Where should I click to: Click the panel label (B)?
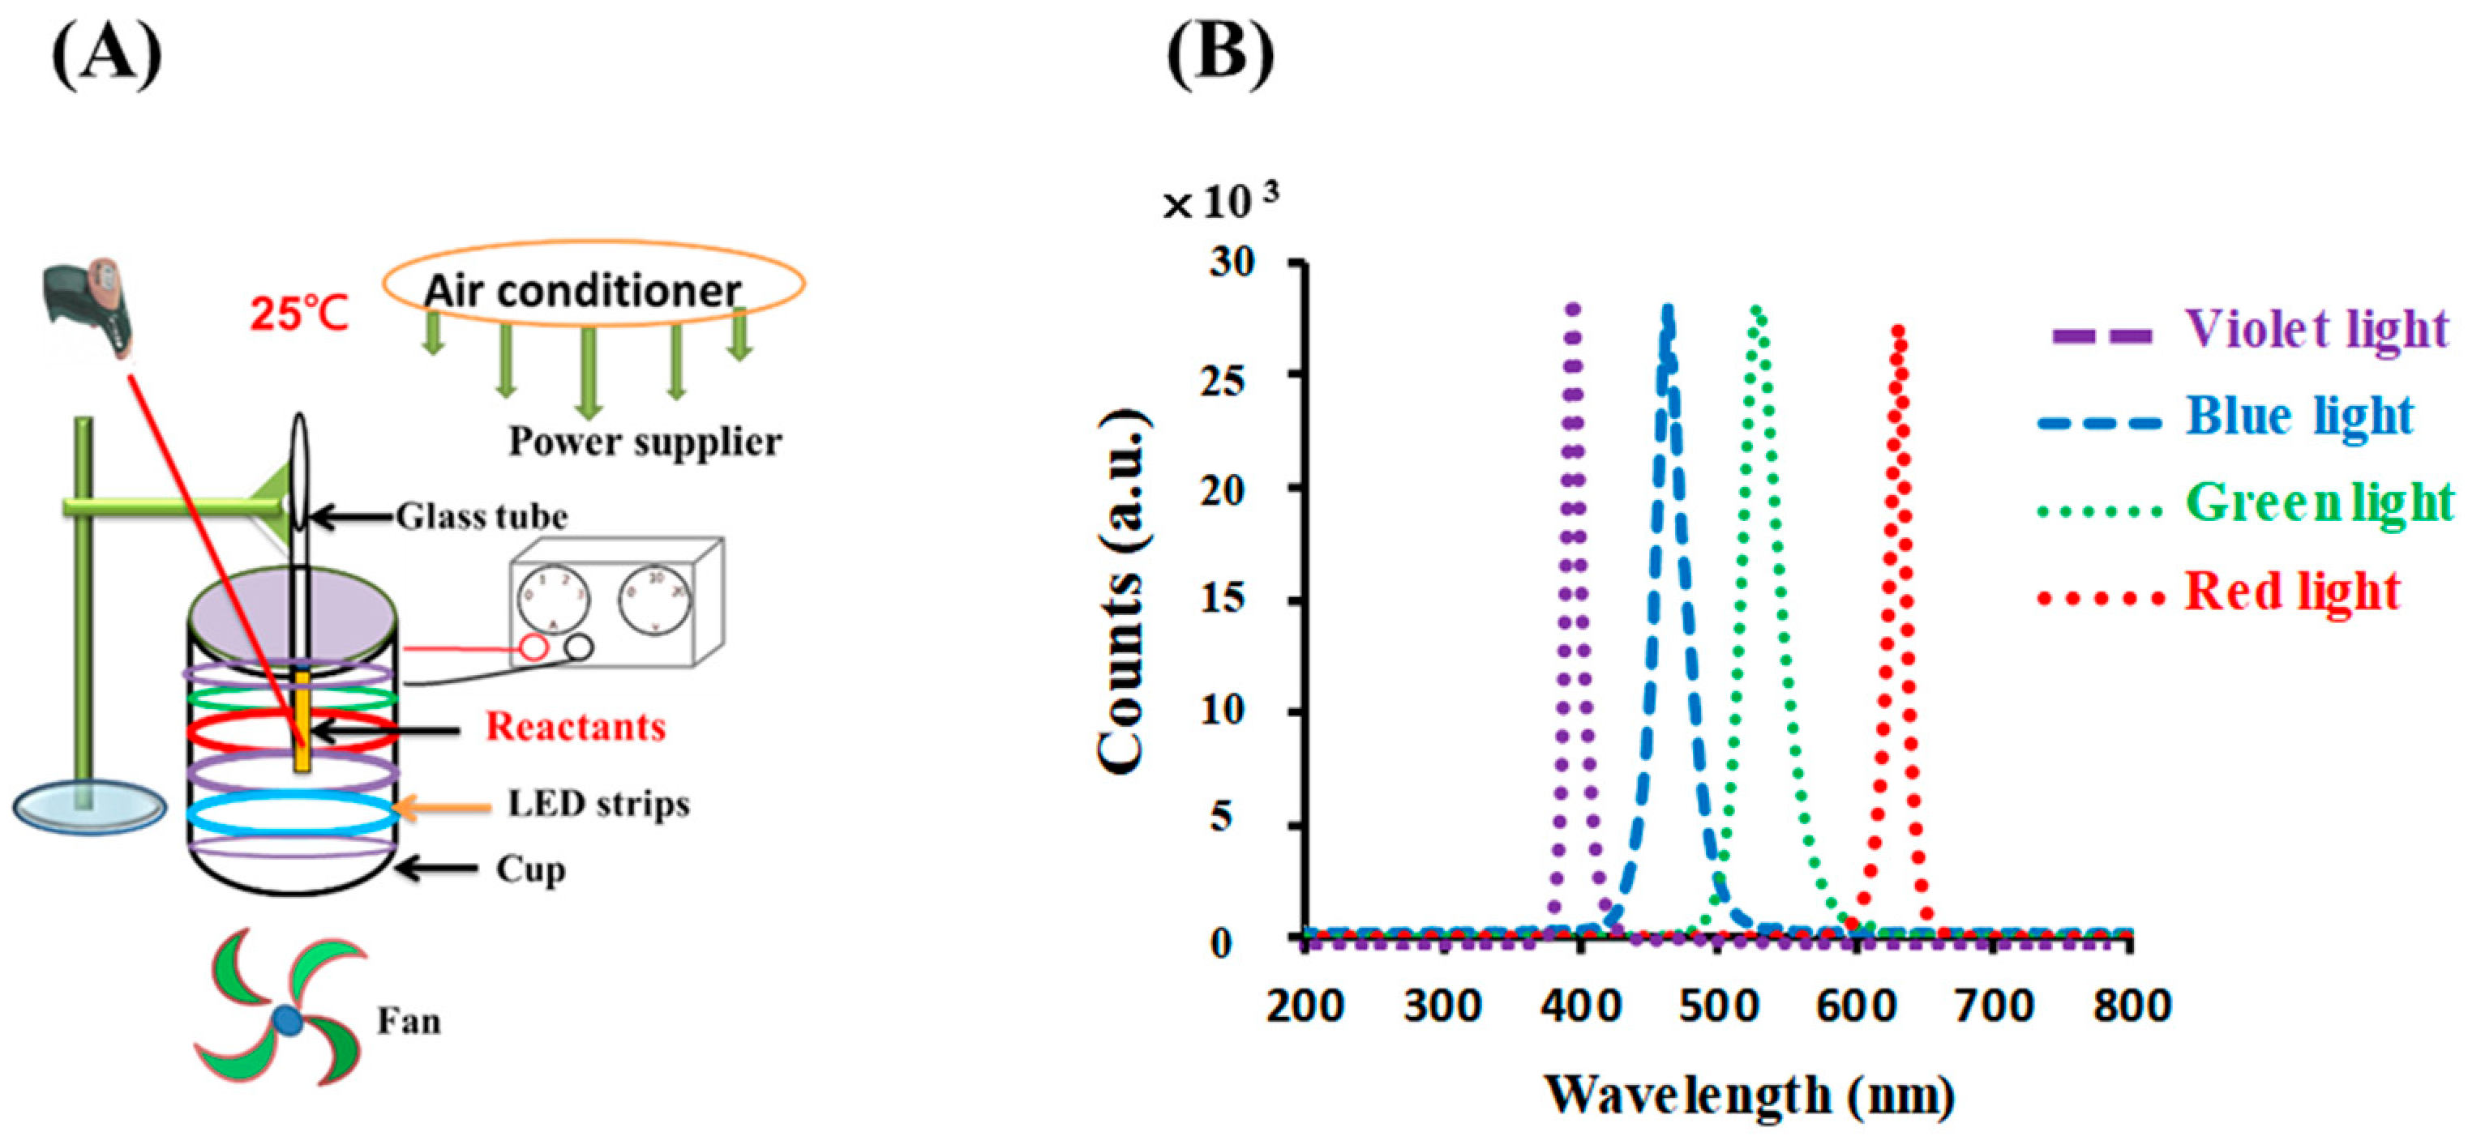point(1219,56)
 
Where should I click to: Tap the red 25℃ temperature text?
point(299,312)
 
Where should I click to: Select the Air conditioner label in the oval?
point(582,290)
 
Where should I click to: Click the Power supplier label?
point(645,442)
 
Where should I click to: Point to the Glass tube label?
point(482,517)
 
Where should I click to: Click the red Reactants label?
point(576,727)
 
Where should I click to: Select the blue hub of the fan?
point(286,1021)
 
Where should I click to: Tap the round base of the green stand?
point(89,808)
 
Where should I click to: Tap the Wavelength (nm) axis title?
point(1750,1094)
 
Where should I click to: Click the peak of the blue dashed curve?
point(1668,312)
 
